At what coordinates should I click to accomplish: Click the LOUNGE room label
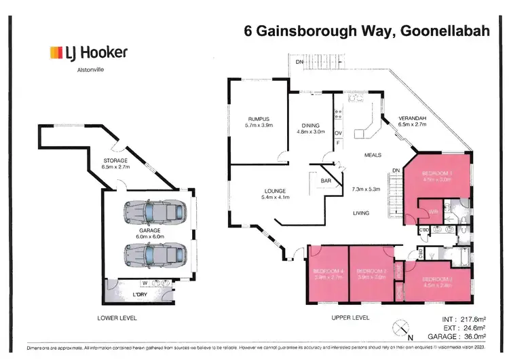click(275, 191)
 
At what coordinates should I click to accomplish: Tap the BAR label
click(326, 181)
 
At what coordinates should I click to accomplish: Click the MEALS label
click(373, 154)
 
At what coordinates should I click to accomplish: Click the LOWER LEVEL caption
click(117, 318)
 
